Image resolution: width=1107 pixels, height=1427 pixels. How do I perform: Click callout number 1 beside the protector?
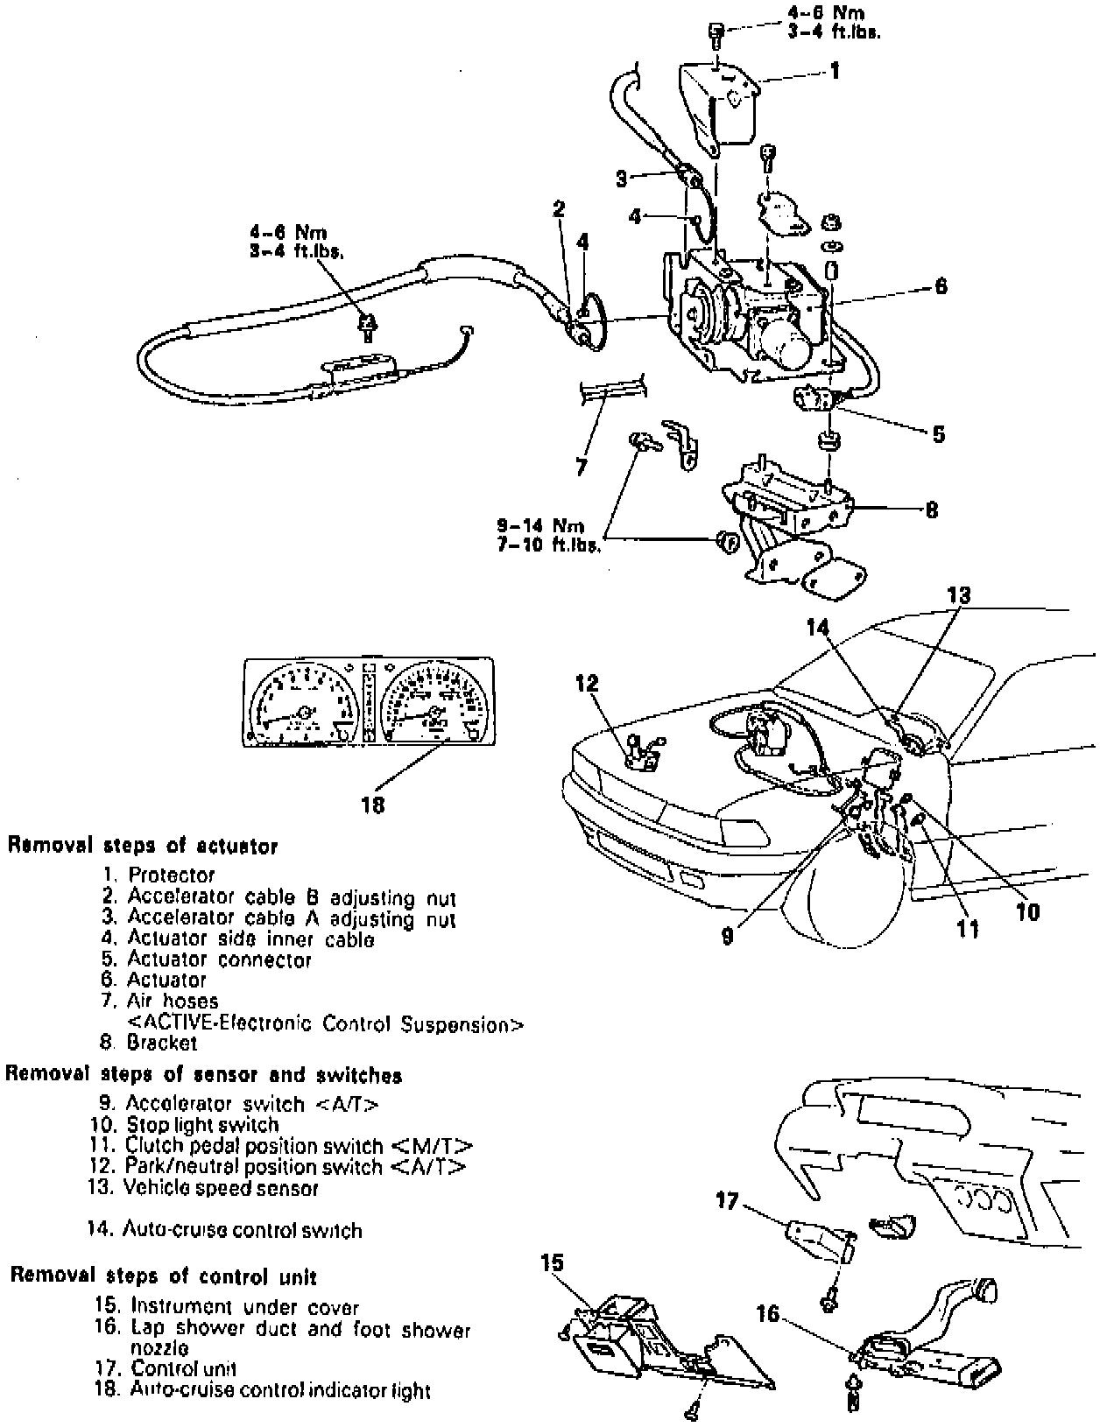coord(835,70)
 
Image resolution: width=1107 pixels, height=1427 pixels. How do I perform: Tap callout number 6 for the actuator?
coord(940,286)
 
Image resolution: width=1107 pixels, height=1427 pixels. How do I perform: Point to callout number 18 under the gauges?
coord(373,804)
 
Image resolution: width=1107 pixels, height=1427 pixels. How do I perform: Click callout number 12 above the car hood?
coord(587,683)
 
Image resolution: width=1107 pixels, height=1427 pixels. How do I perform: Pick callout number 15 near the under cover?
coord(552,1262)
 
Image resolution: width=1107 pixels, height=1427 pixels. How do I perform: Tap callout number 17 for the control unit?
coord(727,1200)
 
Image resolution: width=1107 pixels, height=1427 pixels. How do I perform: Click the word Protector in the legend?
coord(171,875)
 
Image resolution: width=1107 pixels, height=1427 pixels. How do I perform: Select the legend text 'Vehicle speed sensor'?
coord(221,1188)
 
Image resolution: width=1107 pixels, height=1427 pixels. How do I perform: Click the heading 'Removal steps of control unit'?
coord(164,1276)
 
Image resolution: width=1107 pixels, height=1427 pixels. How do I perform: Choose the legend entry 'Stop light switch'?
coord(202,1125)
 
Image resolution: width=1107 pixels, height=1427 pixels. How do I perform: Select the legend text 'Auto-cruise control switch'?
coord(242,1230)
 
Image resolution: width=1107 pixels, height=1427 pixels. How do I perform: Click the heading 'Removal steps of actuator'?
coord(143,847)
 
